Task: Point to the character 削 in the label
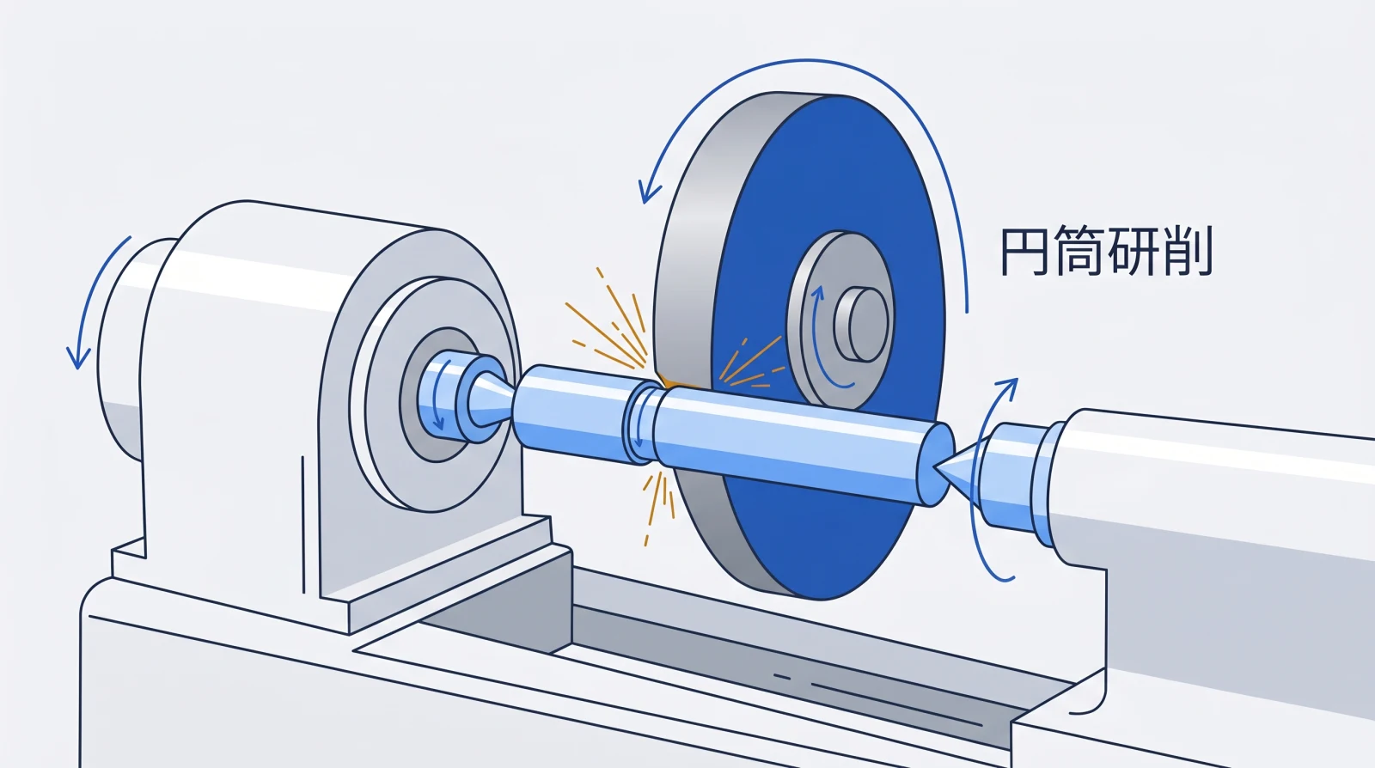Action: (x=1189, y=252)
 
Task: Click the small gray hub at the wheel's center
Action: (x=860, y=324)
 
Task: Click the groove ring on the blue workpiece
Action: (x=641, y=424)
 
